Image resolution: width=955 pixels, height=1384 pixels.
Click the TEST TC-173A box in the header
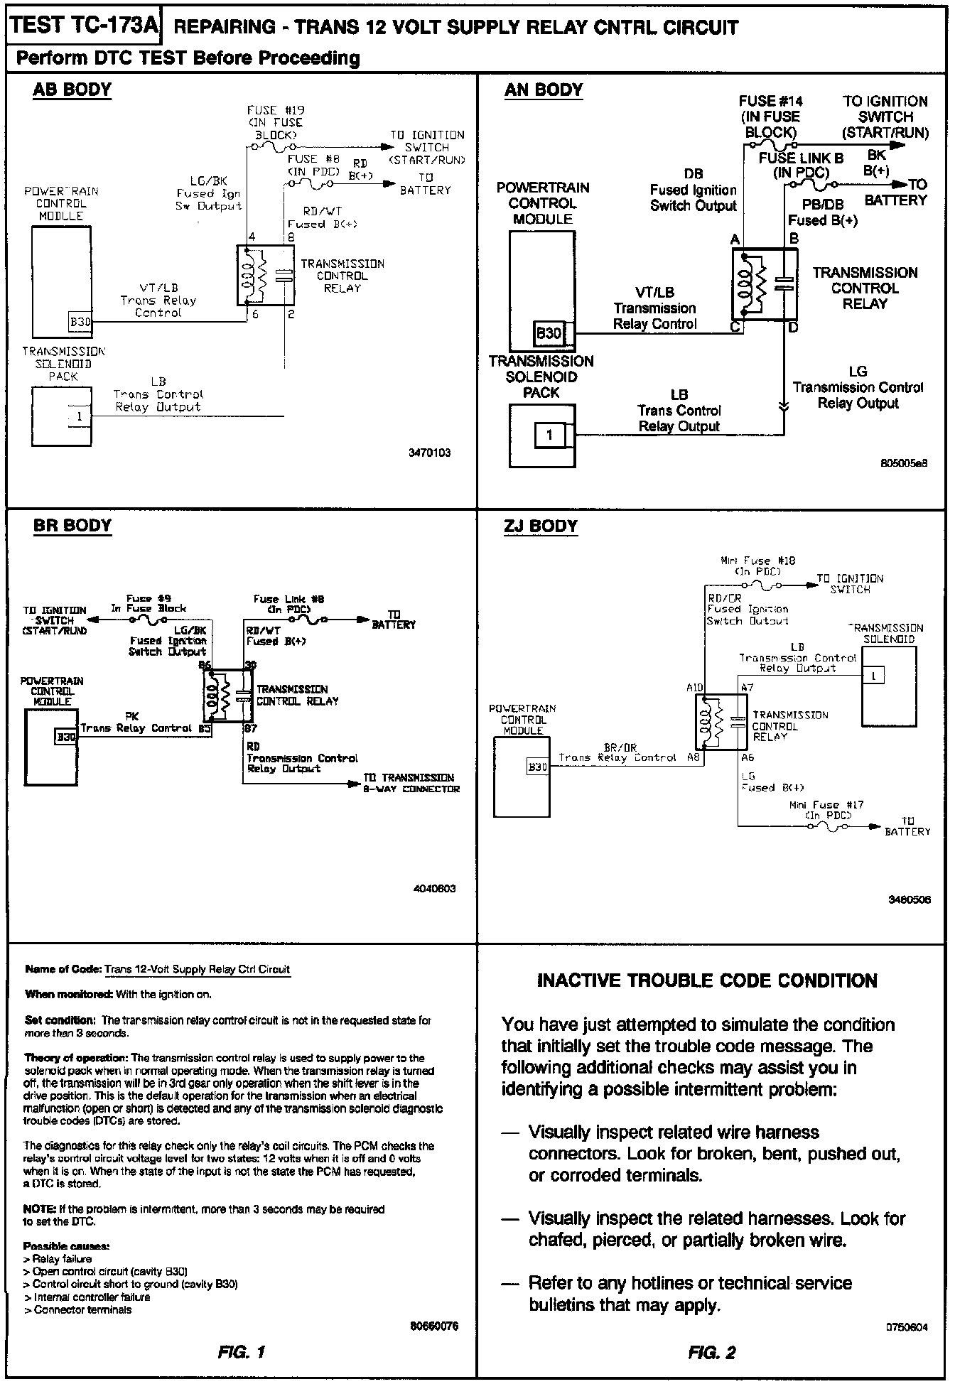(84, 26)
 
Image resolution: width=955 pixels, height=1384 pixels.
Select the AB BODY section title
(72, 90)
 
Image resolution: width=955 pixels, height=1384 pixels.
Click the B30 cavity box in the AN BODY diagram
(549, 333)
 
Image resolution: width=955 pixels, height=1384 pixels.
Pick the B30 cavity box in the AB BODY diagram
(80, 322)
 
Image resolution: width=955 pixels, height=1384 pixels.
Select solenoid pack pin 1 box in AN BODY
(549, 435)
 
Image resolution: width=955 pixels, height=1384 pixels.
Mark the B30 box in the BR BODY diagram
(65, 737)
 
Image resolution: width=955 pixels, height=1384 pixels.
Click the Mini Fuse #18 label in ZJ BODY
(758, 566)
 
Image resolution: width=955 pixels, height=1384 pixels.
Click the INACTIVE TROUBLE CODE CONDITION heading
(707, 980)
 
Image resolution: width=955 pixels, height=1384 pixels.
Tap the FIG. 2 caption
(712, 1352)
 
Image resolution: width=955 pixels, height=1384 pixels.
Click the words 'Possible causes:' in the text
(66, 1246)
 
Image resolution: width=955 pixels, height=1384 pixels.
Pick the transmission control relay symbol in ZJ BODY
(721, 722)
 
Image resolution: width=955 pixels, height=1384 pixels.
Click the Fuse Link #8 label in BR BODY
(288, 604)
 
